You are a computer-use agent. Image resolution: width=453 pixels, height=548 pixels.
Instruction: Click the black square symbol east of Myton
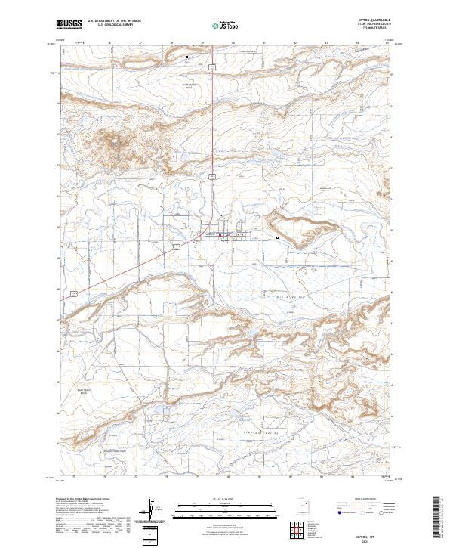click(x=277, y=237)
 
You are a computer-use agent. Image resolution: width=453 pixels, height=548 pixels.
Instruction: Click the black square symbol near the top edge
click(x=187, y=56)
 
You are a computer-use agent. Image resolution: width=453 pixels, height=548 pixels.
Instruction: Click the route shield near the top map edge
click(x=213, y=67)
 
